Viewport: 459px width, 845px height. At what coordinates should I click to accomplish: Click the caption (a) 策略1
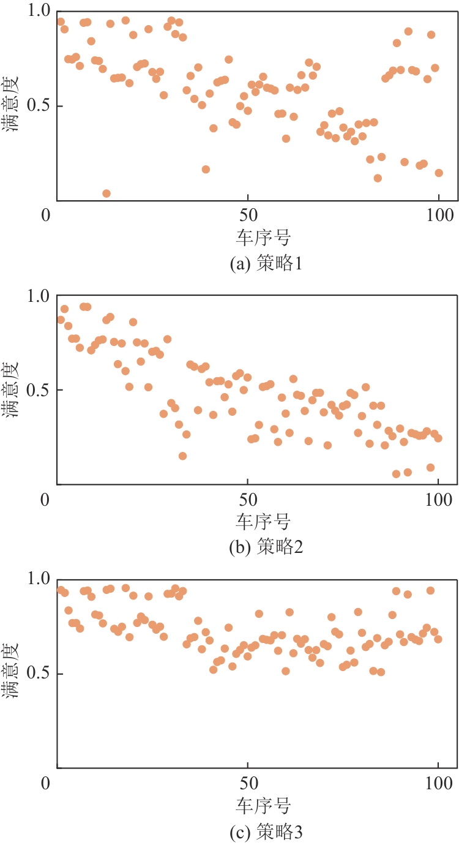pyautogui.click(x=266, y=265)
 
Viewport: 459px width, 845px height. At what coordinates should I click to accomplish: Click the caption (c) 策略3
pyautogui.click(x=266, y=831)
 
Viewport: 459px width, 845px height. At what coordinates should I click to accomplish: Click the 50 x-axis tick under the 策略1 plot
pyautogui.click(x=247, y=216)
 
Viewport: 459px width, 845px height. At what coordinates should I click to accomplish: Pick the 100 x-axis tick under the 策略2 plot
pyautogui.click(x=438, y=500)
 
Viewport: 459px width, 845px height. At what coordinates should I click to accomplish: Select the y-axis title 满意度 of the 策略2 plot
pyautogui.click(x=12, y=390)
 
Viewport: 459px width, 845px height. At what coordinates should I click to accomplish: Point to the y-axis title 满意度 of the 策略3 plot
pyautogui.click(x=12, y=674)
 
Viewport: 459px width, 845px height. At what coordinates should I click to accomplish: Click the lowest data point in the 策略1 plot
pyautogui.click(x=106, y=193)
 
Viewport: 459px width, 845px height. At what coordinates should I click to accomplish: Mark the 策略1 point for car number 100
pyautogui.click(x=439, y=173)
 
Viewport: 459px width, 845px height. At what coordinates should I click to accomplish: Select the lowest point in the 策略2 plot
pyautogui.click(x=397, y=474)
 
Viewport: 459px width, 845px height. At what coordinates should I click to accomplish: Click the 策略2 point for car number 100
pyautogui.click(x=438, y=438)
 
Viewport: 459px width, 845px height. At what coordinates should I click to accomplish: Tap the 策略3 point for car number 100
pyautogui.click(x=438, y=639)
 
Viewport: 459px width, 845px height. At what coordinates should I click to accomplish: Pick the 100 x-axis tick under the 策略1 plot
pyautogui.click(x=438, y=216)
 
